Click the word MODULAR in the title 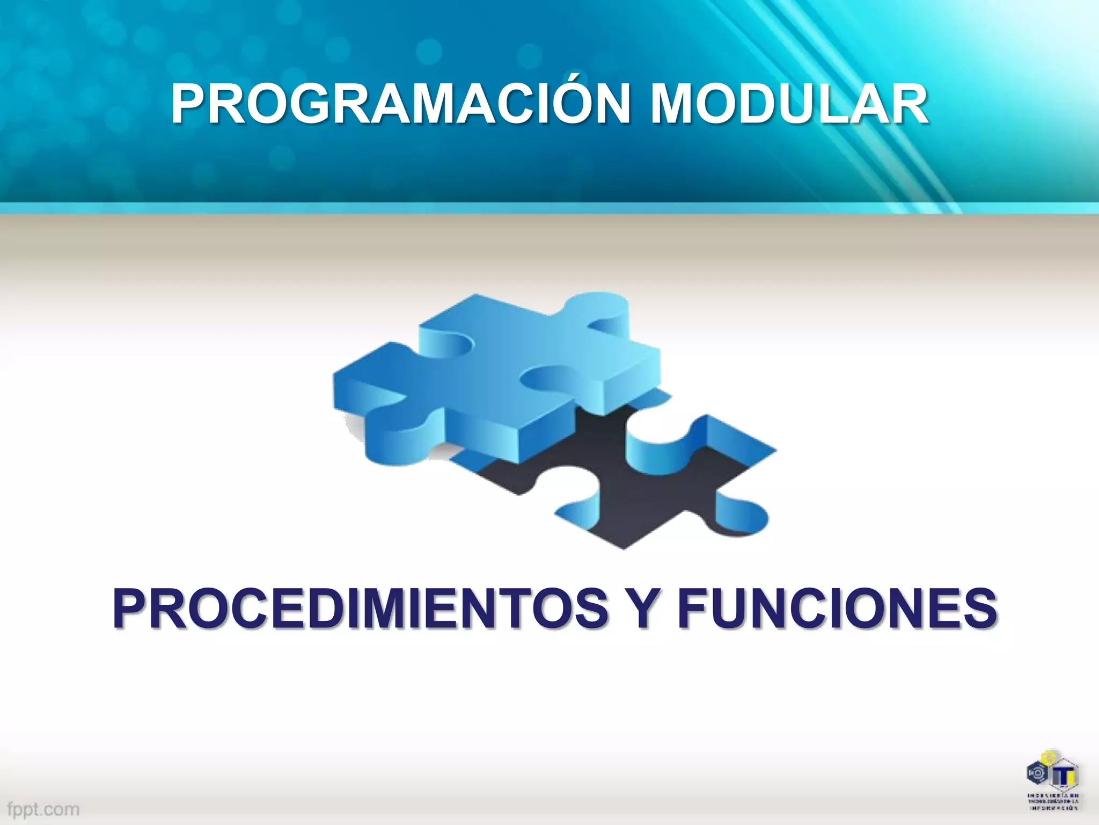pos(789,104)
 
